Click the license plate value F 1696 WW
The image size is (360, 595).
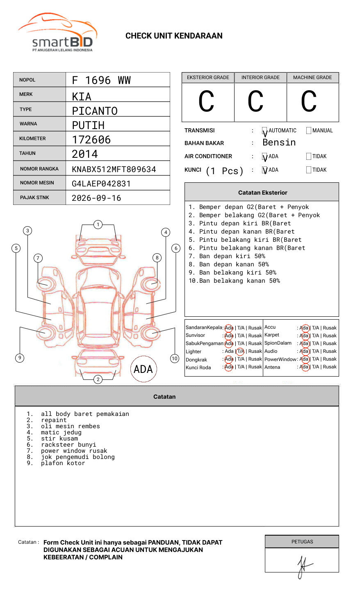pyautogui.click(x=101, y=80)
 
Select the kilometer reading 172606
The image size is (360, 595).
pyautogui.click(x=91, y=140)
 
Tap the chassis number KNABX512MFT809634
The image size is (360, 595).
pyautogui.click(x=114, y=169)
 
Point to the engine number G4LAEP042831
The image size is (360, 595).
pyautogui.click(x=101, y=184)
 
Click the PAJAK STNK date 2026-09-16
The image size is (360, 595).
pyautogui.click(x=96, y=198)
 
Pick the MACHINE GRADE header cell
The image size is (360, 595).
pyautogui.click(x=312, y=77)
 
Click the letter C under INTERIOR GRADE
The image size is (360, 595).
pyautogui.click(x=255, y=102)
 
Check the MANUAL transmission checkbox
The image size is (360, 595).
pyautogui.click(x=309, y=131)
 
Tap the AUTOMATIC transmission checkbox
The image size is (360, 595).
pyautogui.click(x=265, y=131)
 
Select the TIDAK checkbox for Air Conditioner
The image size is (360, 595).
pyautogui.click(x=309, y=157)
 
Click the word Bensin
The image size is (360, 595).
pyautogui.click(x=279, y=143)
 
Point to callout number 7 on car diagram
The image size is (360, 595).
pyautogui.click(x=38, y=258)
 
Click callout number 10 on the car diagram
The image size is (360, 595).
pyautogui.click(x=175, y=359)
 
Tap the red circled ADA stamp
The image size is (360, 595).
pyautogui.click(x=144, y=369)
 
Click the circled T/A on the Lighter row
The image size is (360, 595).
pyautogui.click(x=240, y=351)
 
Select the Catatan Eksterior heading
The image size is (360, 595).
pyautogui.click(x=262, y=193)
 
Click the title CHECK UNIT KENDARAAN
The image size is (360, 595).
pyautogui.click(x=174, y=36)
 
